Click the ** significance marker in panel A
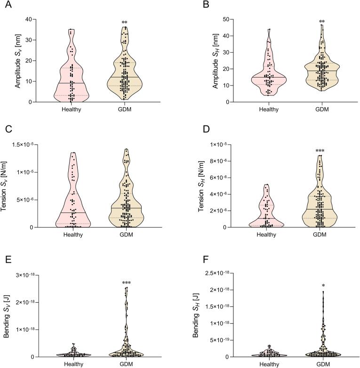125,23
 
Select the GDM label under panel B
322,110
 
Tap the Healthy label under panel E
73,364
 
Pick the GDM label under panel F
322,364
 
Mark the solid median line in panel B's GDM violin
322,71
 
